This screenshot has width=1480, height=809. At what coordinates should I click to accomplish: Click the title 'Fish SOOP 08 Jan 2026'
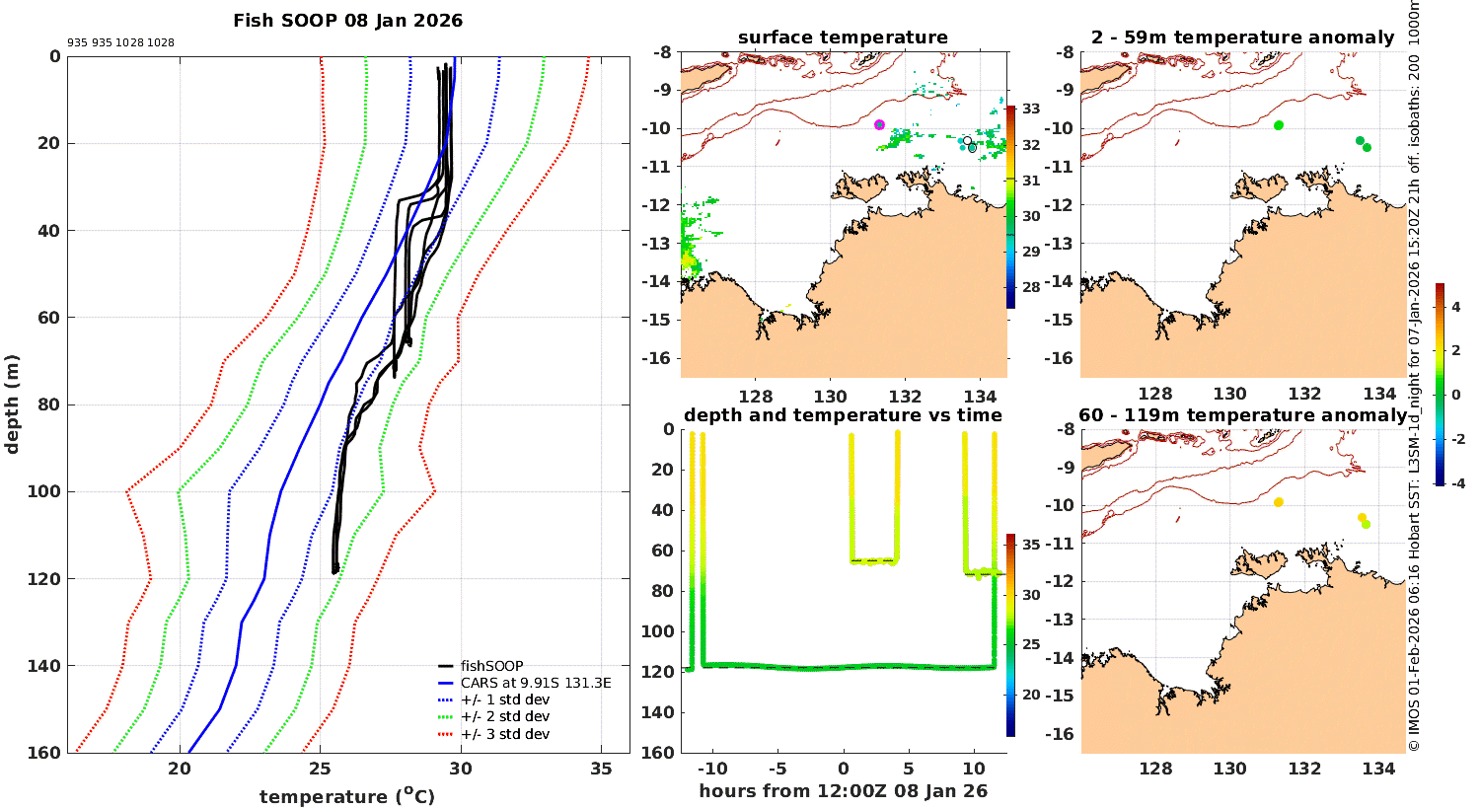(347, 21)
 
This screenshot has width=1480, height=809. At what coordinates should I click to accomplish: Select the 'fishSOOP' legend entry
(491, 666)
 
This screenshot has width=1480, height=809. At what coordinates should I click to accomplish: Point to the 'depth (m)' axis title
(12, 404)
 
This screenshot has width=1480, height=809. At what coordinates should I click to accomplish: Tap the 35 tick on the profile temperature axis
(601, 770)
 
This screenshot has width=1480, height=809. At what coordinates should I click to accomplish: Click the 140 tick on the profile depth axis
(47, 666)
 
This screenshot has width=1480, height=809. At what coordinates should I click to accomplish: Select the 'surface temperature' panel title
(843, 37)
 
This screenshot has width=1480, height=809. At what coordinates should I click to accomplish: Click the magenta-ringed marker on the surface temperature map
(879, 124)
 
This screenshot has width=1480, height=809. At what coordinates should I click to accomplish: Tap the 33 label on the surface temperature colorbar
(1030, 109)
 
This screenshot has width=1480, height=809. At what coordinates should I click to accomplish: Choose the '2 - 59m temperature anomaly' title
(1243, 37)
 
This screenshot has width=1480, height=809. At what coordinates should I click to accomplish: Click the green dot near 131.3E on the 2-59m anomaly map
(1279, 125)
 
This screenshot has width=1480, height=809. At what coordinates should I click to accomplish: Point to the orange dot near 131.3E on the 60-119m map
(1279, 502)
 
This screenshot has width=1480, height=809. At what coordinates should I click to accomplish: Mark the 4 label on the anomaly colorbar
(1456, 308)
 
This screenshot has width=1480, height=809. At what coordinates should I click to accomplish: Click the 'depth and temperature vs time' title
(843, 415)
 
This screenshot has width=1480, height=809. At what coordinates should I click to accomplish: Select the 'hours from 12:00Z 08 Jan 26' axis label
(843, 791)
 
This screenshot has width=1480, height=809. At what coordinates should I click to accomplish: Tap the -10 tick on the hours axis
(713, 770)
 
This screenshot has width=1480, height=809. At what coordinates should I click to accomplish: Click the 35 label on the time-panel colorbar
(1030, 545)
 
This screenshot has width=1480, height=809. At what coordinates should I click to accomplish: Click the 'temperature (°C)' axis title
(347, 796)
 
